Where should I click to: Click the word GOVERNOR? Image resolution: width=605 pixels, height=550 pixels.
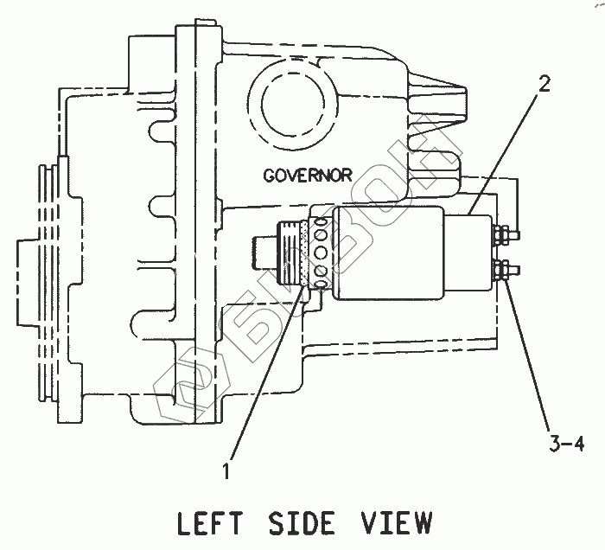coord(307,175)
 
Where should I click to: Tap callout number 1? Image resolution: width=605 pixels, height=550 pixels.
coord(226,471)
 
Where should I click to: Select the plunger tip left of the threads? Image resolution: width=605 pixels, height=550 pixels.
coord(262,253)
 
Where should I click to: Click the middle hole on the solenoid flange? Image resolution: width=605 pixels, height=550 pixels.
coord(321,253)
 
